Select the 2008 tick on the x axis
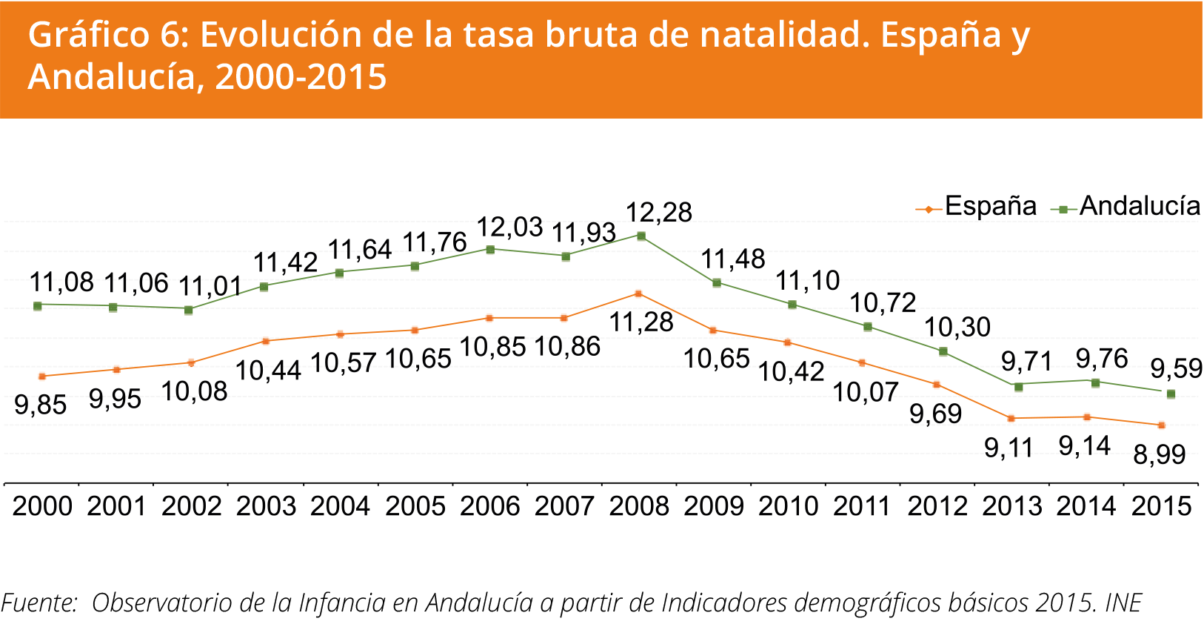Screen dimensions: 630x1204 [x=639, y=505]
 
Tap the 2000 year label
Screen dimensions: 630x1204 [x=43, y=505]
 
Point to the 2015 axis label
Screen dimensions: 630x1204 [x=1161, y=505]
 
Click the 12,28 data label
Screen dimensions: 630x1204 [x=659, y=213]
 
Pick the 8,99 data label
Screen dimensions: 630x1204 [x=1160, y=454]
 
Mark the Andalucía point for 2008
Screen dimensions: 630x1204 [x=641, y=236]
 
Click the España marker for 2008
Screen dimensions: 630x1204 [x=638, y=294]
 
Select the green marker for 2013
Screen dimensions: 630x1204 [x=1018, y=386]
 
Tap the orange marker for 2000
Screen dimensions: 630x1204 [x=42, y=377]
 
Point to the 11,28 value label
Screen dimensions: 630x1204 [x=641, y=322]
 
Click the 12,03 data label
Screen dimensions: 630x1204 [x=509, y=227]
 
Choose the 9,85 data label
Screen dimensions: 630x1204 [x=41, y=405]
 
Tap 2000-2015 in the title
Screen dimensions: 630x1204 [x=301, y=76]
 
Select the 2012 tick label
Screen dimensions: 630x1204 [x=937, y=505]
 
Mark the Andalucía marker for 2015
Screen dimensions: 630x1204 [x=1171, y=394]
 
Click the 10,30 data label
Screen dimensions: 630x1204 [x=957, y=327]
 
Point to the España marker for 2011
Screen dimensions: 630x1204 [x=862, y=363]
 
